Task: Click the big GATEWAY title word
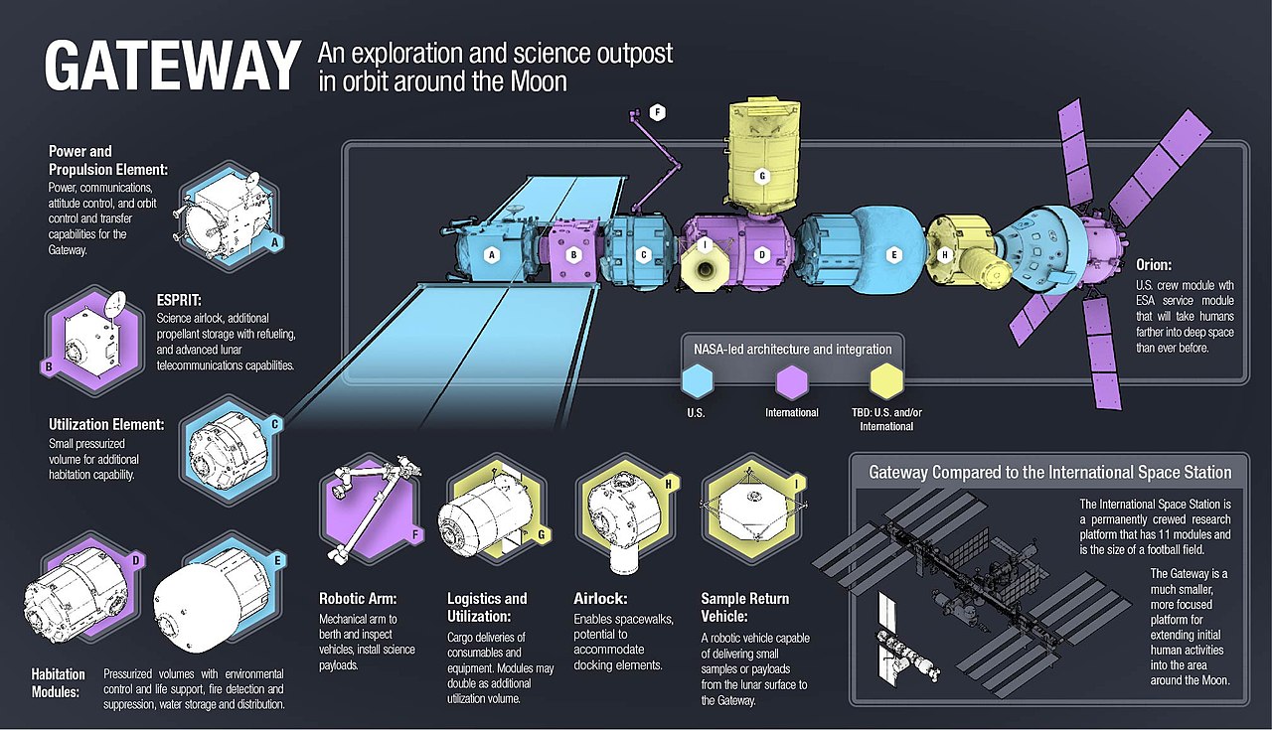click(x=171, y=67)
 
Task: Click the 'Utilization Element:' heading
click(x=106, y=424)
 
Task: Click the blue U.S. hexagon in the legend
click(x=698, y=380)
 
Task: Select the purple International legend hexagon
click(x=791, y=380)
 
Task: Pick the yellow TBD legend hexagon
click(x=885, y=380)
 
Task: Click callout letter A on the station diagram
click(x=490, y=255)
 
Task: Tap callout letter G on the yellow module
click(x=762, y=177)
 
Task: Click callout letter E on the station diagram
click(x=893, y=255)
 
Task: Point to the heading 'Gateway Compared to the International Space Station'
click(x=1050, y=473)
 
